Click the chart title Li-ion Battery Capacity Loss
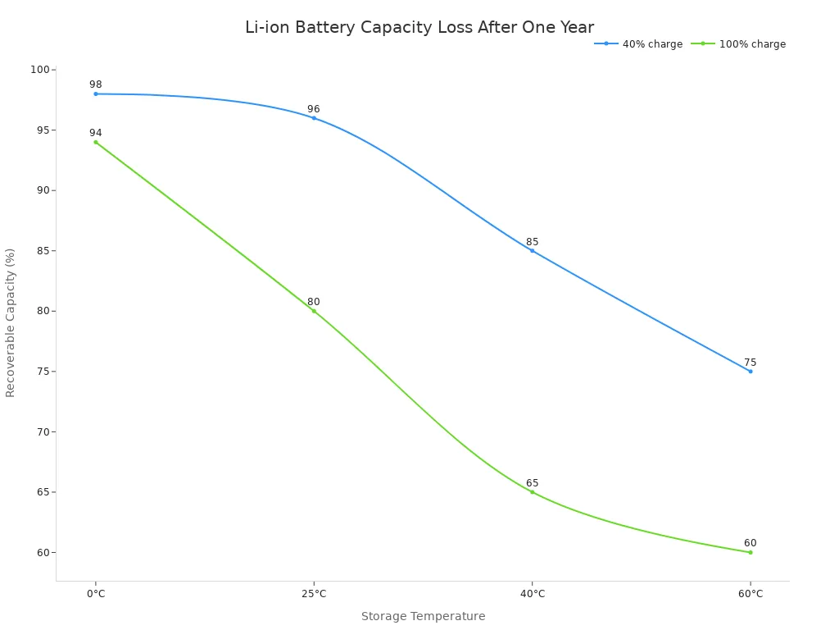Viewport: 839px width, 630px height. pos(419,28)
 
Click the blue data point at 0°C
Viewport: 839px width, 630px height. pos(96,94)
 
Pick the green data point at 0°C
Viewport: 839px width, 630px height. pos(96,142)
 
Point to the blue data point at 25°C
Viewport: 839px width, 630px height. pos(314,118)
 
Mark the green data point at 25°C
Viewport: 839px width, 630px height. pos(314,311)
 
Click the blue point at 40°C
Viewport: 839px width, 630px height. pos(532,250)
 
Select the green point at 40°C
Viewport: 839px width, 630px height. pos(532,492)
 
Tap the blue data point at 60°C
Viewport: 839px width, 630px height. pos(750,372)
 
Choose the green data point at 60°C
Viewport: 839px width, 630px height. pos(750,552)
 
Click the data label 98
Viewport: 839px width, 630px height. pos(96,84)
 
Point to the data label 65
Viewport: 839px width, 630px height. pos(532,483)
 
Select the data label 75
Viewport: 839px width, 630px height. pos(750,363)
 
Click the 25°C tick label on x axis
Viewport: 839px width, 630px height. pos(314,594)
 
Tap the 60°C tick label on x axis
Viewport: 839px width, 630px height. pos(750,594)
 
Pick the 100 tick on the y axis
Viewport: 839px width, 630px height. pos(40,70)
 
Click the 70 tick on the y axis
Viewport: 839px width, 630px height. pos(43,431)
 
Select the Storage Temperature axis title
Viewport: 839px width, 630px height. pos(423,617)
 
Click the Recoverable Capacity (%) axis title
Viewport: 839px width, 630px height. pos(11,322)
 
